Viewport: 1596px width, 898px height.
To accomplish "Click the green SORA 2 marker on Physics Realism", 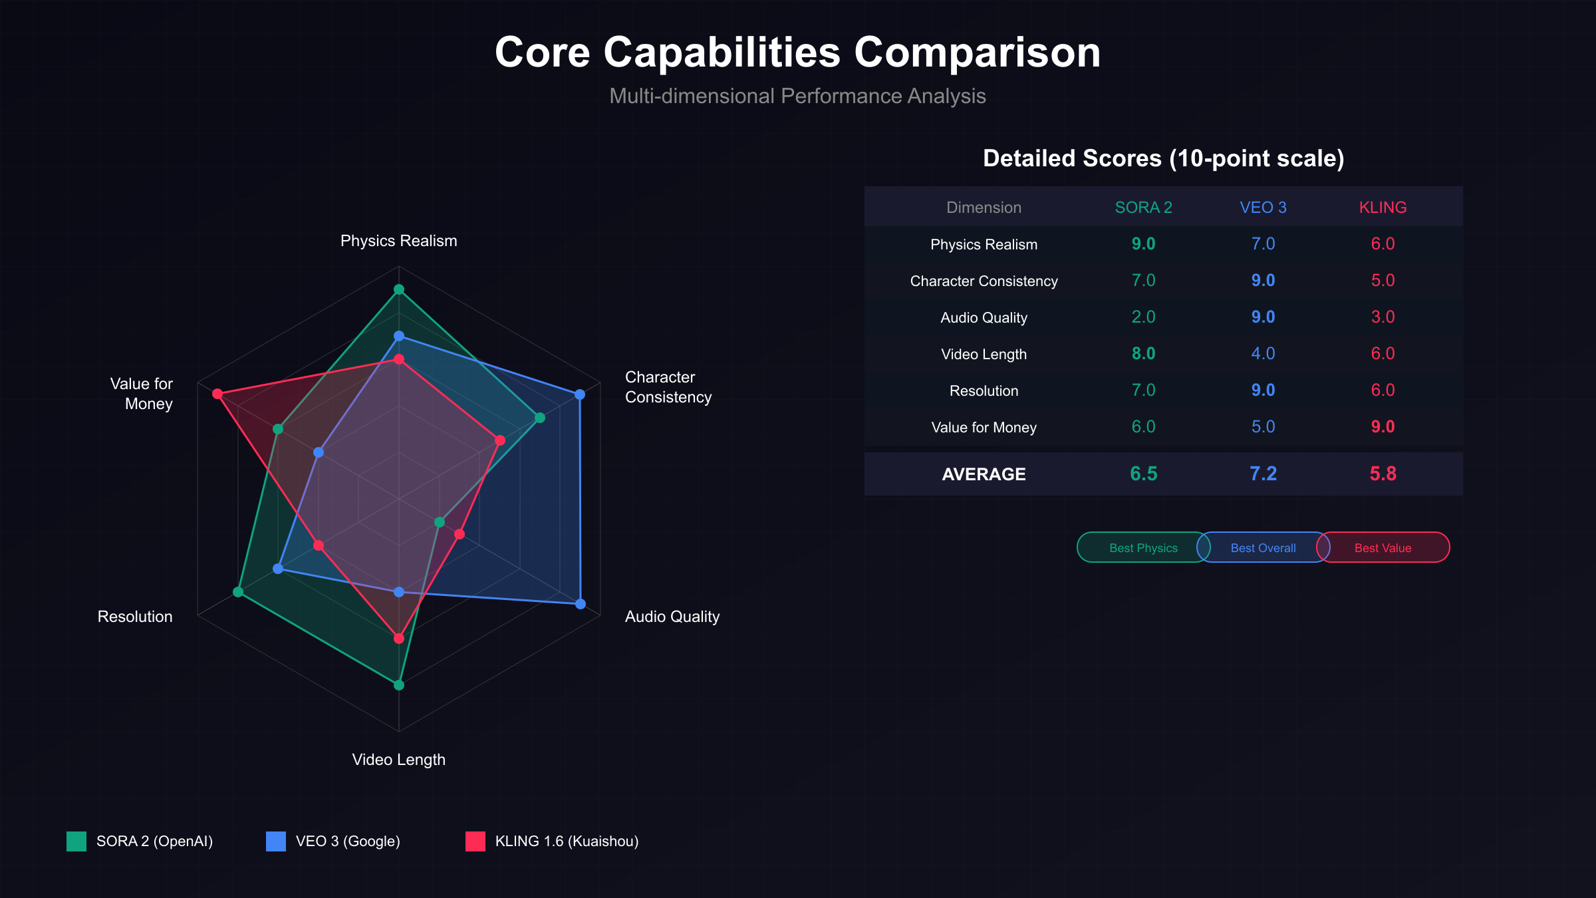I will (399, 289).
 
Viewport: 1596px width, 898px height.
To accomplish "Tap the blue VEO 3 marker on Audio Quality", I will (581, 604).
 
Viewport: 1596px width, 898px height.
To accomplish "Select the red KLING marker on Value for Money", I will (217, 394).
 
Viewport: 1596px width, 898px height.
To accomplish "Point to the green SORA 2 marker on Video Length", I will (399, 685).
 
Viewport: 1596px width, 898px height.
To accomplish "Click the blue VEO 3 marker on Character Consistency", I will (580, 394).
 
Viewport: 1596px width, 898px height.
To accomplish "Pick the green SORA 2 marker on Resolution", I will (238, 592).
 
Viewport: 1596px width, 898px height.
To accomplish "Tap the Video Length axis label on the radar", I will (399, 760).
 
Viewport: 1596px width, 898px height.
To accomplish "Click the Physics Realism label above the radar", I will (399, 241).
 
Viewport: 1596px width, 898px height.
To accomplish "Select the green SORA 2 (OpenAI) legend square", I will (76, 841).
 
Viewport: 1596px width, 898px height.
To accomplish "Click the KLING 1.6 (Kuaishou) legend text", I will (567, 841).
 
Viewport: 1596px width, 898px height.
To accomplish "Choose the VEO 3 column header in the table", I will (1263, 208).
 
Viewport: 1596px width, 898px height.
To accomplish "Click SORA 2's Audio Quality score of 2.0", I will (1143, 317).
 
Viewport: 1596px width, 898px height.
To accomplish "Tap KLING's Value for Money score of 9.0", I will (1383, 427).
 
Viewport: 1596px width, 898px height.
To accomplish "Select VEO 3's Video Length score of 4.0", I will (1263, 354).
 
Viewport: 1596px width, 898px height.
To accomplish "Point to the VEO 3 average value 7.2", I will (1263, 474).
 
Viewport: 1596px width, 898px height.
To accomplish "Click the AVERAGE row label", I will (984, 474).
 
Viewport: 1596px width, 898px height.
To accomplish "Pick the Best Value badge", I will (1383, 547).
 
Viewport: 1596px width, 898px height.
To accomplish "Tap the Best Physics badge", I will (1142, 547).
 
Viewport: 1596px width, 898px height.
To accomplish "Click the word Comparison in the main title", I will (978, 52).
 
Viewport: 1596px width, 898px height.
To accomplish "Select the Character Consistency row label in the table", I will (984, 281).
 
